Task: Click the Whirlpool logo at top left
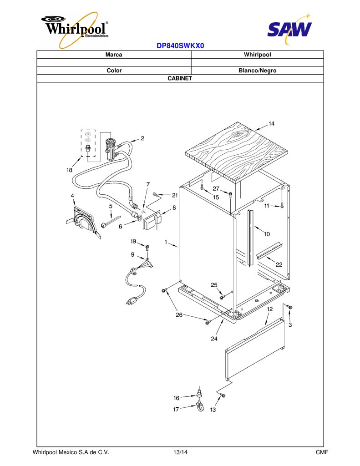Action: [75, 29]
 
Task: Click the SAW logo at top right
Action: [289, 28]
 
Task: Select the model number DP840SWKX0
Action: [180, 46]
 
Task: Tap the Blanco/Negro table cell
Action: [258, 71]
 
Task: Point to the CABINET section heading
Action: [180, 78]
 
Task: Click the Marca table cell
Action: [114, 55]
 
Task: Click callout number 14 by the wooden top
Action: [271, 124]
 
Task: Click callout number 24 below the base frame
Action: [214, 339]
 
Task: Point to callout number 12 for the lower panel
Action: [269, 309]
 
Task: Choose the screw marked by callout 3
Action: [290, 307]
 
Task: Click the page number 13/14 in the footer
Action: [180, 452]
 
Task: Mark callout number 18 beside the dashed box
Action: [69, 170]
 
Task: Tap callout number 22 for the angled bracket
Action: [279, 264]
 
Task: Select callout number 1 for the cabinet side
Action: [166, 242]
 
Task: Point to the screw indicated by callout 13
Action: [223, 395]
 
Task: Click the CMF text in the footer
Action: [322, 452]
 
